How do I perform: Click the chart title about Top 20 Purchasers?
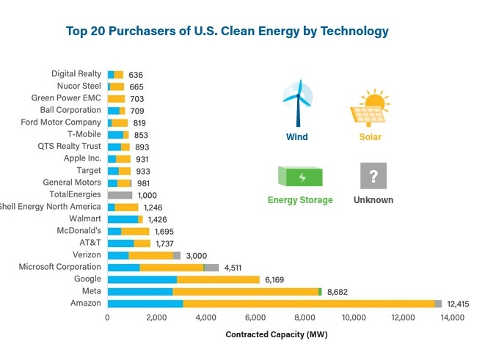coord(227,32)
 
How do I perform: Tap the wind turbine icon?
coord(297,106)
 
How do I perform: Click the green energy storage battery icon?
coord(300,177)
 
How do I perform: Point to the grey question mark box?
coord(373,176)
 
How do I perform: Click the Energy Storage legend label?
coord(300,200)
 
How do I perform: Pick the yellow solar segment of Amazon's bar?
coord(308,304)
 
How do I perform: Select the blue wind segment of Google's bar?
coord(142,279)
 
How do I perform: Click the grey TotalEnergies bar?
coord(120,195)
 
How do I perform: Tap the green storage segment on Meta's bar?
coord(320,291)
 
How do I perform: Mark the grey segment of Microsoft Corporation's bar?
coord(211,268)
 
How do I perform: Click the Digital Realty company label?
coord(76,74)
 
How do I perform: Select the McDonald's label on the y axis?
coord(79,231)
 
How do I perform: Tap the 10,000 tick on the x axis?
coord(354,318)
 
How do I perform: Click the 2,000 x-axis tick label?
coord(156,318)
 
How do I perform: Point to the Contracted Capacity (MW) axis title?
coord(277,335)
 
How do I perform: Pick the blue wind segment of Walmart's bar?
coord(123,219)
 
